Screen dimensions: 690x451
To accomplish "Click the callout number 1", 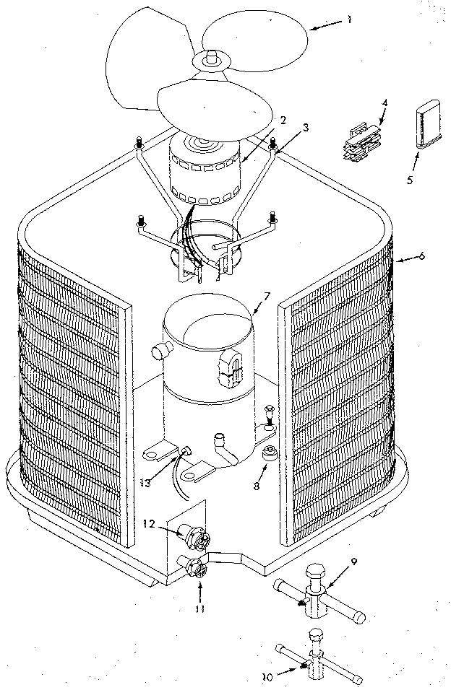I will [349, 19].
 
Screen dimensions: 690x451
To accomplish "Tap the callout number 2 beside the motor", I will [283, 120].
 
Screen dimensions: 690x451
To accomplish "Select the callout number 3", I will [306, 128].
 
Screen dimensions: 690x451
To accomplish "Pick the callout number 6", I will [421, 256].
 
